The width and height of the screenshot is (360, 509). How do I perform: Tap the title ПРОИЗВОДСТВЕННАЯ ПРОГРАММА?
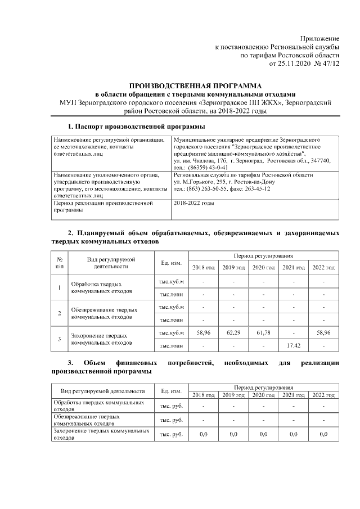(194, 84)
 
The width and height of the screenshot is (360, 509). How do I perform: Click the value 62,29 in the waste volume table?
(233, 333)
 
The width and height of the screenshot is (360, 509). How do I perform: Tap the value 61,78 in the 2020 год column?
(263, 333)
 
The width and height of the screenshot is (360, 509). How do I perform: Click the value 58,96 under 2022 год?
(323, 333)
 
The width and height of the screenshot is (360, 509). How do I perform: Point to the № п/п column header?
(60, 262)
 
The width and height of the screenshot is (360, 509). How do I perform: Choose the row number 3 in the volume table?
(60, 339)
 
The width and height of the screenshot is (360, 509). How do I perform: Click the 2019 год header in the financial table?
(233, 395)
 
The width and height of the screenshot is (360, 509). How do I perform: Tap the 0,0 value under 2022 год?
(323, 434)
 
